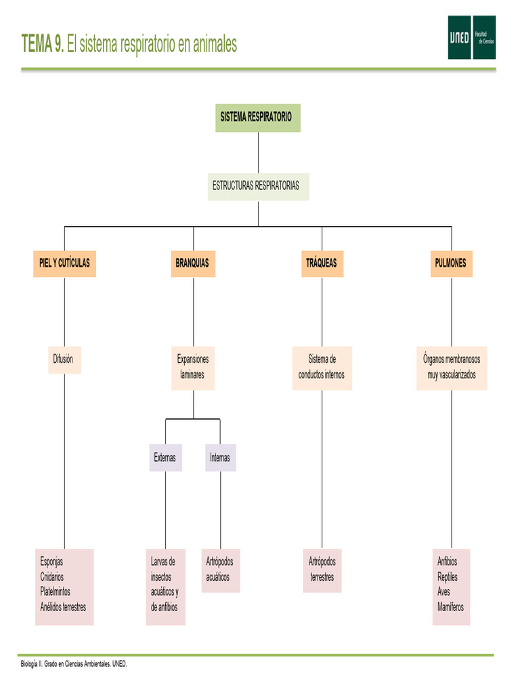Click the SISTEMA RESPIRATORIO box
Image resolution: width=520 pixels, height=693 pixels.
click(257, 118)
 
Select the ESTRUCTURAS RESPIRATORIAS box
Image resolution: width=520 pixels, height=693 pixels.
click(258, 186)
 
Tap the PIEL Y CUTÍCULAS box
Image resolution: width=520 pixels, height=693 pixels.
click(64, 263)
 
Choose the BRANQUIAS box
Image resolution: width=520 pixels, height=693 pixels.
click(193, 263)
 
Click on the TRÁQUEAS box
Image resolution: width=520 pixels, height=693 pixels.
click(322, 263)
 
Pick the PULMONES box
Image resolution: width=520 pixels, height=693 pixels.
click(451, 263)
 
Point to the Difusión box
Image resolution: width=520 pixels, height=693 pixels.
click(64, 359)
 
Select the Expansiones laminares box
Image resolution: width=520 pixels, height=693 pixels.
click(193, 367)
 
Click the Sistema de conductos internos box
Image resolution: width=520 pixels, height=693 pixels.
click(322, 367)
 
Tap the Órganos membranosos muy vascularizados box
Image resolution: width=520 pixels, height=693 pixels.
click(452, 367)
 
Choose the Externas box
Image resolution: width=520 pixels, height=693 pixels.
click(165, 457)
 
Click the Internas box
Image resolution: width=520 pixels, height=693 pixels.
click(220, 457)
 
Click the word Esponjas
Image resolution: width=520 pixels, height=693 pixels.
click(51, 562)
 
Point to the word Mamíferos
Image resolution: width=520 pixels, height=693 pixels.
click(451, 607)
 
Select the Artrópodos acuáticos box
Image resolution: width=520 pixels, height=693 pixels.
click(220, 570)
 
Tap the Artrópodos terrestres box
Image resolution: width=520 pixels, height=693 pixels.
click(322, 570)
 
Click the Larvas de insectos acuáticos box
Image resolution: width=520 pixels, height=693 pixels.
click(165, 585)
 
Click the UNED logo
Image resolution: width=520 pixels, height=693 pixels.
click(471, 37)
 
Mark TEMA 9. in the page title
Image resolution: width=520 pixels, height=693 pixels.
click(43, 45)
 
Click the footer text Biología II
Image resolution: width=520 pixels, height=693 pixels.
click(32, 664)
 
